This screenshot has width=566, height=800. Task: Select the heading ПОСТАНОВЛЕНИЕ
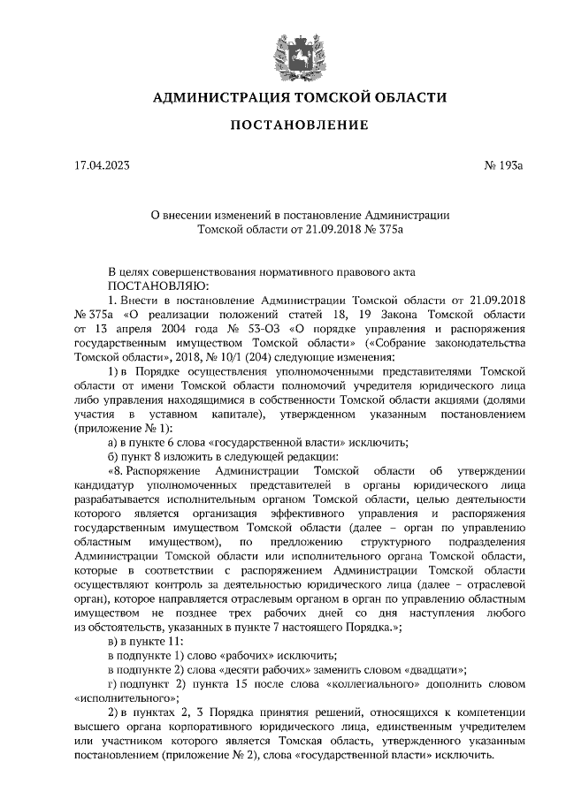[299, 126]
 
